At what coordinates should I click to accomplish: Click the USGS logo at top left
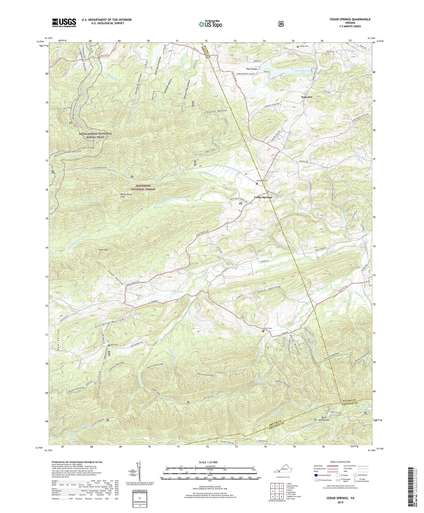click(64, 23)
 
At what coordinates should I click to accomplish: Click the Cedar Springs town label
click(263, 197)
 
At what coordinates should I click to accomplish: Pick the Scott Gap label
click(103, 250)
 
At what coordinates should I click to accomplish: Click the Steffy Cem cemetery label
click(304, 46)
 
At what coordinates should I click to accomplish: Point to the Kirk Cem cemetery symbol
click(109, 345)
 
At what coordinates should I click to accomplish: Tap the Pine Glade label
click(252, 69)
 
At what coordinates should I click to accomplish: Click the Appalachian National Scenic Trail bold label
click(91, 135)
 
